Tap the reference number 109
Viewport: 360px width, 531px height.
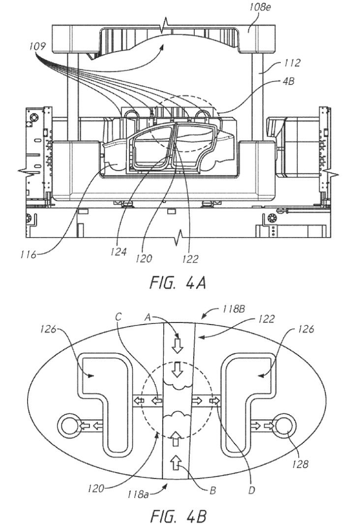(37, 46)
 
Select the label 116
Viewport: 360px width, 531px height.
(28, 254)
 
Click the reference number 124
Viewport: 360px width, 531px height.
(118, 252)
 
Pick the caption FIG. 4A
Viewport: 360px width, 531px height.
(178, 282)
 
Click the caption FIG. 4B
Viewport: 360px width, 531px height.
(178, 517)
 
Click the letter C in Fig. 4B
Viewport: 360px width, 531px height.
(118, 317)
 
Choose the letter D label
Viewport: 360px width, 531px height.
(251, 491)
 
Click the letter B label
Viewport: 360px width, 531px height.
(212, 491)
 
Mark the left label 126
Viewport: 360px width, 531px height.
(50, 328)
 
